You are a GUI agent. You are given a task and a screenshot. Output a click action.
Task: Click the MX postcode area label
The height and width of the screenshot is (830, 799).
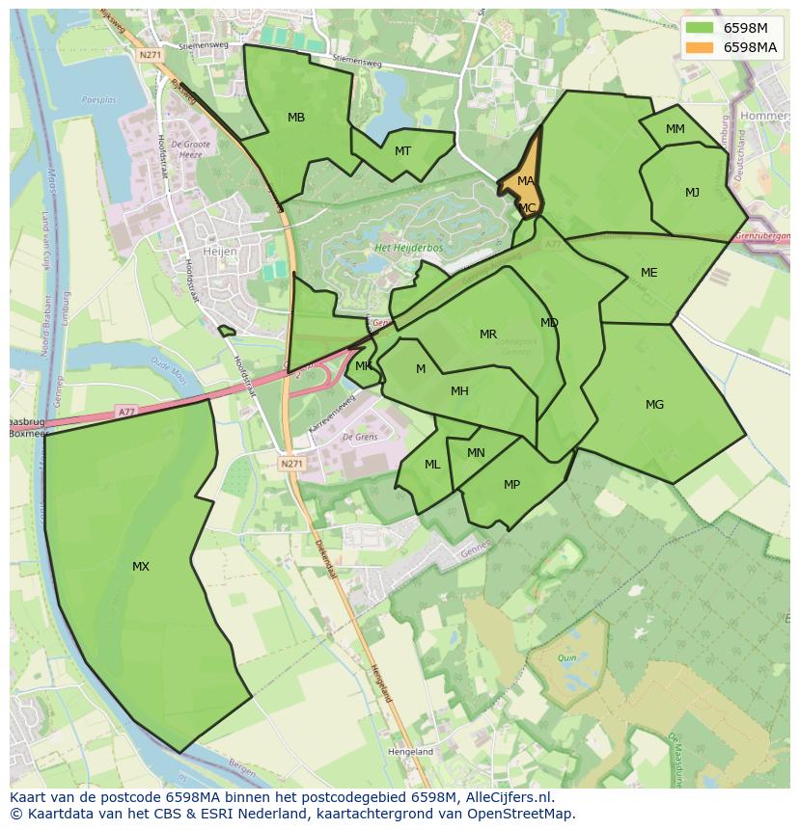(141, 567)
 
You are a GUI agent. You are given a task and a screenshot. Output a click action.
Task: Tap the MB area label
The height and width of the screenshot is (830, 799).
(296, 118)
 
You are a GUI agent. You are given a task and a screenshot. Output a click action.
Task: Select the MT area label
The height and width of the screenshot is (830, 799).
(402, 151)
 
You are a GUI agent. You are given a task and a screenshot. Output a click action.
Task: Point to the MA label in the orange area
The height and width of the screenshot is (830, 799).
(526, 181)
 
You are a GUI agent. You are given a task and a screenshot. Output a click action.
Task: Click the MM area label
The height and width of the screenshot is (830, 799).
(675, 129)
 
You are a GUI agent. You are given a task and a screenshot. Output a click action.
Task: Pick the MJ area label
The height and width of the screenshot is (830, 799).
(692, 193)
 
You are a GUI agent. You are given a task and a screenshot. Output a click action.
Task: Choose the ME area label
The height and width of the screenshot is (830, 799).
(648, 273)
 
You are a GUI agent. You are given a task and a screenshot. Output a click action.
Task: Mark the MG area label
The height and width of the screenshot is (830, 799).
(654, 405)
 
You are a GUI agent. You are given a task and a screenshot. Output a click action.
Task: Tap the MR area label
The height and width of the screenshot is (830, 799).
(488, 335)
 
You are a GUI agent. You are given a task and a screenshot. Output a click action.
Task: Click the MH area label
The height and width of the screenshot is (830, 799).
(459, 391)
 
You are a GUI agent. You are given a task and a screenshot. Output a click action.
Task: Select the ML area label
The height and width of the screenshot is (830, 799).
(432, 465)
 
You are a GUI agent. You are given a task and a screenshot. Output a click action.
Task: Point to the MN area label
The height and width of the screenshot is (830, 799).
(476, 453)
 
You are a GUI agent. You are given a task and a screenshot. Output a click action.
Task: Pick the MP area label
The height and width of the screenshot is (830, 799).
(511, 485)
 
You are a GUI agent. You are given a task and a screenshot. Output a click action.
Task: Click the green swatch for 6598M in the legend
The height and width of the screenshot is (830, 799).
(700, 28)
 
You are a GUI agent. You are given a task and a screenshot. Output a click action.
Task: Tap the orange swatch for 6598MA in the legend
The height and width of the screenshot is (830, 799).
(700, 47)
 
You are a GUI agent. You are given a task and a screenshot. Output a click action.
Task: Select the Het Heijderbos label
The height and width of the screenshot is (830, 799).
(408, 248)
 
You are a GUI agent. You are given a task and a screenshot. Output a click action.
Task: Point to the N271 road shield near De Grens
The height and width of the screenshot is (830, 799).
(291, 464)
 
